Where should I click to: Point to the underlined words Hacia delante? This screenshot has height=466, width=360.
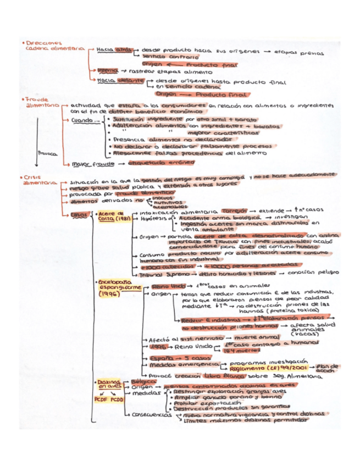[115, 80]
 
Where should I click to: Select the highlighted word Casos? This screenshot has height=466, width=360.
[80, 215]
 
